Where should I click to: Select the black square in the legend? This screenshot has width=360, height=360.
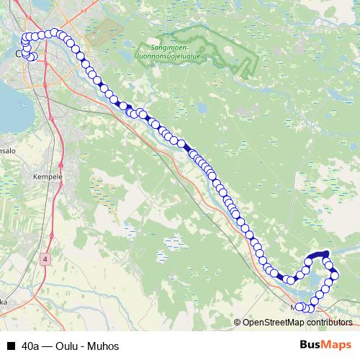10,346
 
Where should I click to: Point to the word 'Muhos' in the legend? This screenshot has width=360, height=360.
103,346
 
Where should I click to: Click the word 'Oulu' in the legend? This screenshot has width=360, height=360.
70,346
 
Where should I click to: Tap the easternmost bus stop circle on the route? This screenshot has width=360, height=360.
335,276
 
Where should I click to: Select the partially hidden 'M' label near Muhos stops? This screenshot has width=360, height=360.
294,307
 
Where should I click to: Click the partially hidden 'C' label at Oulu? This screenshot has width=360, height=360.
19,53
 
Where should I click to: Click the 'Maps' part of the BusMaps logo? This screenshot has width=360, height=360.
337,345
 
